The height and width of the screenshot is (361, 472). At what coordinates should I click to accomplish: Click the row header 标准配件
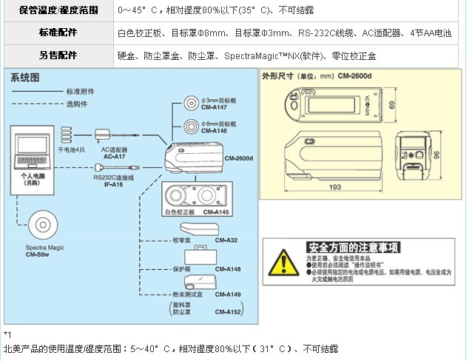coord(58,33)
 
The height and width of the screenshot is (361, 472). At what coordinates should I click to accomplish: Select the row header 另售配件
coord(58,55)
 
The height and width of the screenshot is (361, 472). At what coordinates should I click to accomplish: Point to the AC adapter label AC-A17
coord(113,157)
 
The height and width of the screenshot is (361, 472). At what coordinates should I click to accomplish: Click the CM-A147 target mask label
coord(213,107)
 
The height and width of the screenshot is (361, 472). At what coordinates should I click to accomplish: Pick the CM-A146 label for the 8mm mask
coord(213,131)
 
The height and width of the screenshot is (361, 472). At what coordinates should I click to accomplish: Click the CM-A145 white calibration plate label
coord(215,212)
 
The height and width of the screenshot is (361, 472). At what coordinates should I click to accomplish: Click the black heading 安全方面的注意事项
coord(353,246)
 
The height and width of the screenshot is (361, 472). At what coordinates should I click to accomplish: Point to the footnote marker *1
coord(8,335)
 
